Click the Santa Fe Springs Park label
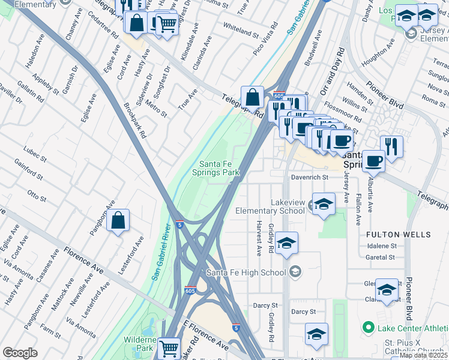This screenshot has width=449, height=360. [x=219, y=168]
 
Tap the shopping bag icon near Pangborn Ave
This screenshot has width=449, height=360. [x=119, y=220]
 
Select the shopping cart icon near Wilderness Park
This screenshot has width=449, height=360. [x=169, y=347]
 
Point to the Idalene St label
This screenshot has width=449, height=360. [x=381, y=246]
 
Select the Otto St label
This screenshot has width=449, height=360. [x=37, y=195]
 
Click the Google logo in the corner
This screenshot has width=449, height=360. [x=20, y=353]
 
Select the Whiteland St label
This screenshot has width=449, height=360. [x=240, y=27]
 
